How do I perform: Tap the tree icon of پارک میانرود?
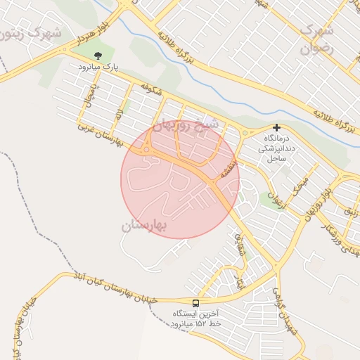(98, 55)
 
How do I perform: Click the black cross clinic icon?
(278, 128)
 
